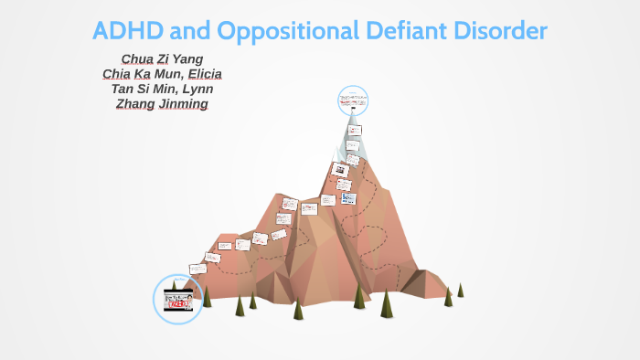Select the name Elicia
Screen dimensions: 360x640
click(205, 74)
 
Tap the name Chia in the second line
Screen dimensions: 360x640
click(119, 74)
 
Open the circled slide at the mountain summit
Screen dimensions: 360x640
click(352, 101)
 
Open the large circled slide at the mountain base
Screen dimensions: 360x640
click(177, 298)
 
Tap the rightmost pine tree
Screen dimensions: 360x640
click(460, 291)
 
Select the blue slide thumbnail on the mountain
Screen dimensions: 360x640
click(347, 197)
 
